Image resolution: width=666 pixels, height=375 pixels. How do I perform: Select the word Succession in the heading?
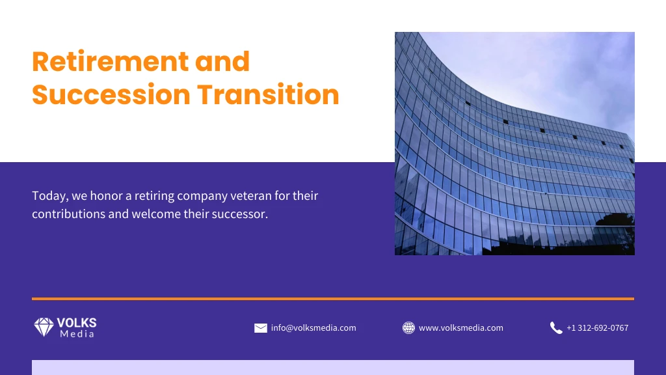click(111, 95)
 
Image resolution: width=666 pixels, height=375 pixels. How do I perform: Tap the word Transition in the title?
click(269, 95)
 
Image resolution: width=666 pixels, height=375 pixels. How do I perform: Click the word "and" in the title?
click(222, 62)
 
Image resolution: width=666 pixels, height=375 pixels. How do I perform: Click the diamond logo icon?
click(44, 327)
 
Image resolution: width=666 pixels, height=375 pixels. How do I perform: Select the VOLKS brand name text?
click(77, 323)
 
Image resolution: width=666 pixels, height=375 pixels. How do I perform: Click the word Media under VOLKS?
click(77, 335)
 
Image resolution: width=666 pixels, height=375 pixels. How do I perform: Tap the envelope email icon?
click(261, 328)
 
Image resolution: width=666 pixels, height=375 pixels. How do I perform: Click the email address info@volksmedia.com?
click(313, 328)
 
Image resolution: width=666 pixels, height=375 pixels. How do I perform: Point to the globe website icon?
click(408, 328)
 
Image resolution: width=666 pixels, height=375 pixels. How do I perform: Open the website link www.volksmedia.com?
click(460, 328)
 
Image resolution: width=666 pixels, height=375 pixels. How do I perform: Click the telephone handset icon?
click(556, 328)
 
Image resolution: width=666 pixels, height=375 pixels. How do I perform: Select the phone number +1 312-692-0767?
click(597, 328)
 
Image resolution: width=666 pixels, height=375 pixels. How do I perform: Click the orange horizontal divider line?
click(333, 299)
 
